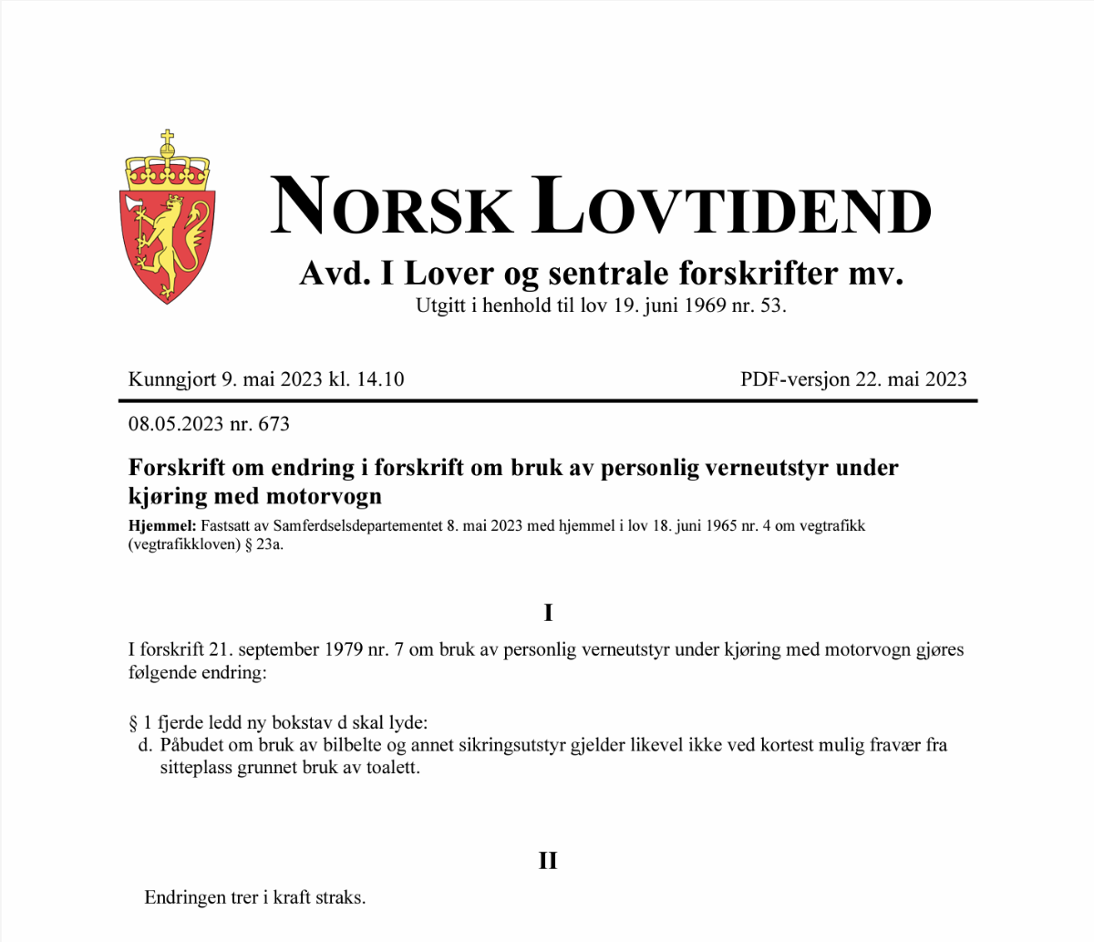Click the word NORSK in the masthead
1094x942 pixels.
[391, 206]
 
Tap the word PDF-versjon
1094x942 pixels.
[794, 379]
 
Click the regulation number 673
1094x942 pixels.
[273, 424]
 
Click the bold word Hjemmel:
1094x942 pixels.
[161, 526]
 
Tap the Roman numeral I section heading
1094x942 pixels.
[548, 613]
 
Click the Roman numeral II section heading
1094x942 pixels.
[548, 861]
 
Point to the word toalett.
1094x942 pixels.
[392, 768]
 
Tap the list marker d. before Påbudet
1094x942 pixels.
[144, 745]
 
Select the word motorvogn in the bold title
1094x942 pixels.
[325, 497]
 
